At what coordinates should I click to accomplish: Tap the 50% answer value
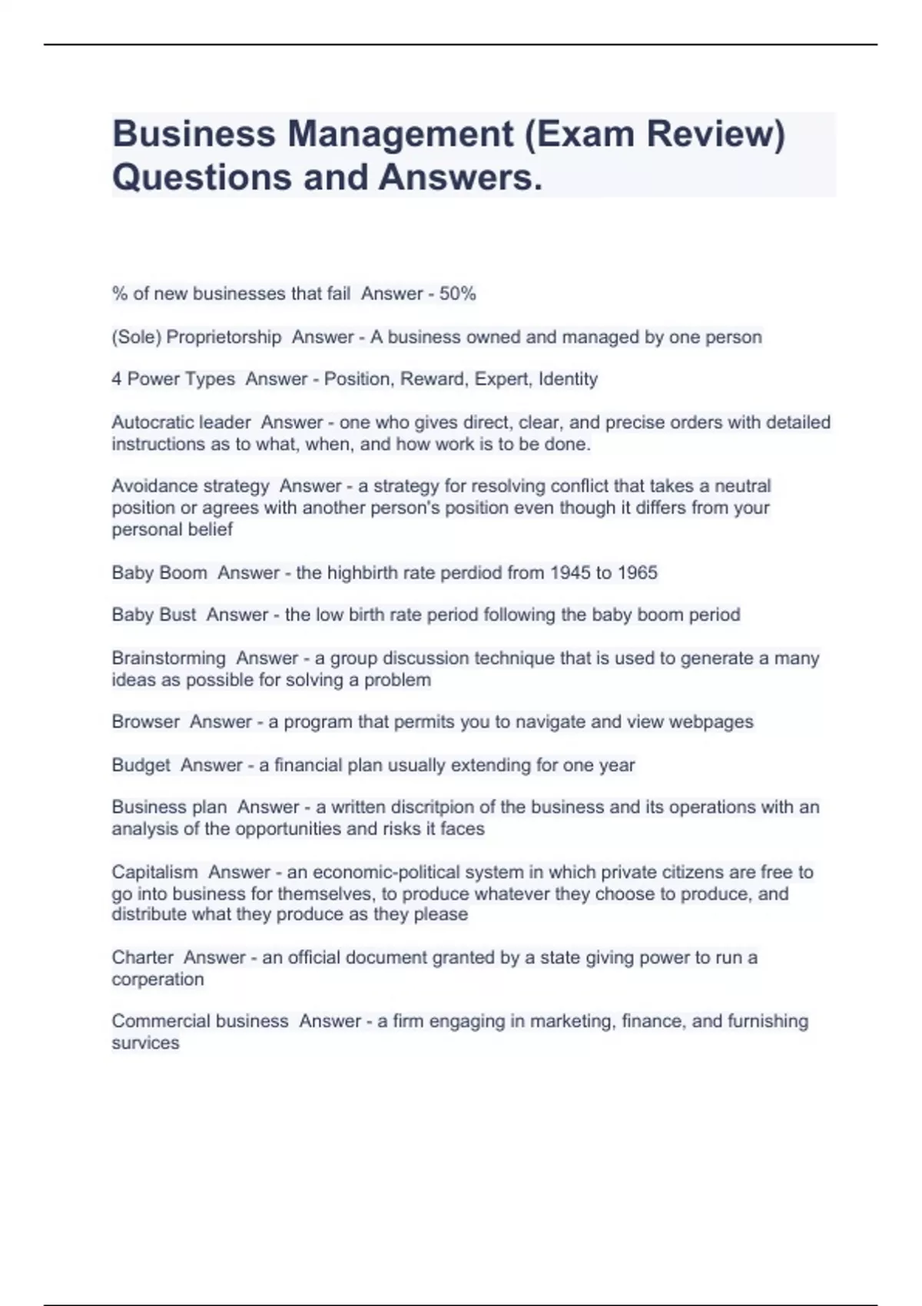[x=458, y=293]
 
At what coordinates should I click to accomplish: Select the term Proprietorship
[x=224, y=337]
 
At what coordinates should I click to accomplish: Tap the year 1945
[x=571, y=573]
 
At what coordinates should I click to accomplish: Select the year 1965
[x=638, y=573]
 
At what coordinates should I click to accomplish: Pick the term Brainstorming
[x=168, y=658]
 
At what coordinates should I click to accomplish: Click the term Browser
[x=145, y=722]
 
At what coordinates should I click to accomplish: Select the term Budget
[x=141, y=765]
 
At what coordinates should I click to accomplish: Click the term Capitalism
[x=154, y=872]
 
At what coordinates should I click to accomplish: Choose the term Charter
[x=142, y=958]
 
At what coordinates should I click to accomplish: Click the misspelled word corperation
[x=158, y=979]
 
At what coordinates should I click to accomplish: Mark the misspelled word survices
[x=145, y=1043]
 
